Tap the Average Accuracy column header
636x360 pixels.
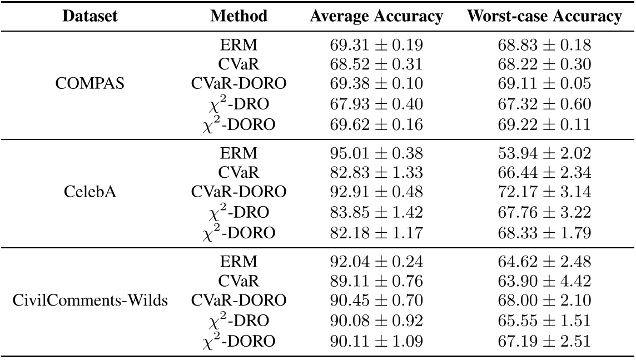[376, 17]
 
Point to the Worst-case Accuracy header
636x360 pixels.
[544, 17]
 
